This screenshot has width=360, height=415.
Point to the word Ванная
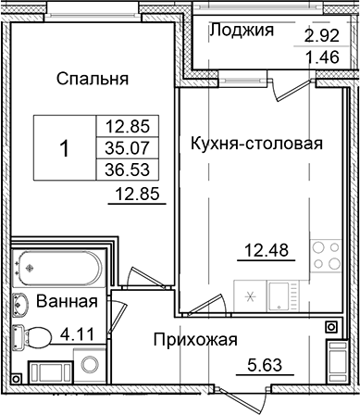click(x=68, y=303)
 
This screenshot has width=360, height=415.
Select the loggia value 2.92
click(x=322, y=38)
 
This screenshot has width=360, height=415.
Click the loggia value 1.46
click(x=322, y=57)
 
